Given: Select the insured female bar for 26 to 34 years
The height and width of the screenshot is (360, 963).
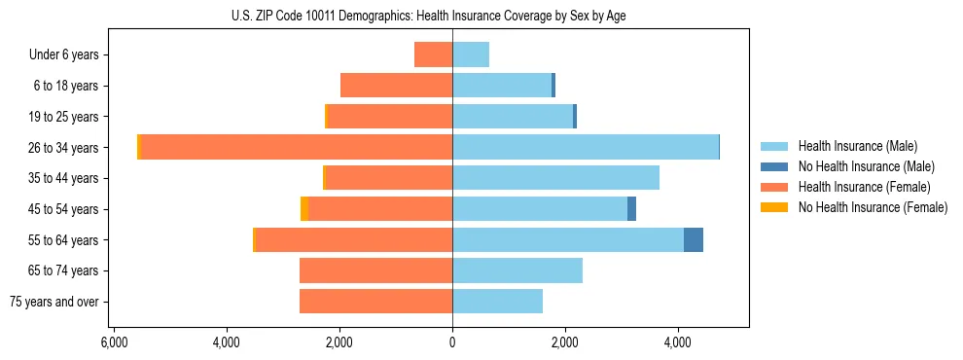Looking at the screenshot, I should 297,147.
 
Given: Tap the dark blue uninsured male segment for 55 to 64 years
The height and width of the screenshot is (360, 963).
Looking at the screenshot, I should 694,239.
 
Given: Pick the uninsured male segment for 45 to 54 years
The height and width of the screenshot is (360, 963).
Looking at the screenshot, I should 631,208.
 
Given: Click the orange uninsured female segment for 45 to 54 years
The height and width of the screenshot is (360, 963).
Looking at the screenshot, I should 304,208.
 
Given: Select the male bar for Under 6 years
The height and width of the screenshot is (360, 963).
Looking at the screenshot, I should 471,54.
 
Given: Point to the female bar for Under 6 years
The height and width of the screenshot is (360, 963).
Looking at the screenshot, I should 434,54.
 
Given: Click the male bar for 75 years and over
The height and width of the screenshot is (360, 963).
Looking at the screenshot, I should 497,301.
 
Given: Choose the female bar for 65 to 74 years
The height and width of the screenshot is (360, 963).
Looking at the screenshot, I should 375,270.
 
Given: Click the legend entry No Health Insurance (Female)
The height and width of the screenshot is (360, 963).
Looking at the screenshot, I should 872,207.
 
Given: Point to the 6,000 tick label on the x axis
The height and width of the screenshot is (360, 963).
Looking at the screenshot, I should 114,342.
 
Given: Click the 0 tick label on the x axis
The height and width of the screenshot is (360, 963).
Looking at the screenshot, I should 452,342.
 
